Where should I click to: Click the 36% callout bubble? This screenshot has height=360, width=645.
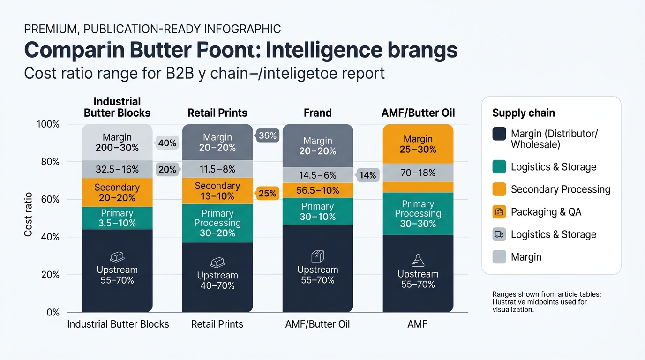267,135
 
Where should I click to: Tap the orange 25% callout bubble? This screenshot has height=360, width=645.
267,193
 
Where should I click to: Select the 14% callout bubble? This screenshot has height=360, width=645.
367,175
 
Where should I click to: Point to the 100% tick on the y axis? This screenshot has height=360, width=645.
48,124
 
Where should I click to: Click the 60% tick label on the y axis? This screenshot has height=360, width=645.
50,199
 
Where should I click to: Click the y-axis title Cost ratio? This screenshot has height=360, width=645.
28,215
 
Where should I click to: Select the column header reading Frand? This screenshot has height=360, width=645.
318,112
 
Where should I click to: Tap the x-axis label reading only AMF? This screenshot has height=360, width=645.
417,324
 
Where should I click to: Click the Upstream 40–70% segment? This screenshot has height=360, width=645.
217,277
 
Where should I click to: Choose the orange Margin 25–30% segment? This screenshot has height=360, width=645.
418,144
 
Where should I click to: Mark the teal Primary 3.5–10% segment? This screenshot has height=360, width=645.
117,218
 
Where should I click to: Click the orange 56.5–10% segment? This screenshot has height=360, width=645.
318,190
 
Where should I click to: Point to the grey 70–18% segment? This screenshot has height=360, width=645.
418,173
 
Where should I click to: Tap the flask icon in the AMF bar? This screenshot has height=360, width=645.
418,260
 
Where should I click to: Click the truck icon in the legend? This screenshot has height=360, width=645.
499,234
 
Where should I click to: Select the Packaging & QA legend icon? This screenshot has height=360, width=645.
499,212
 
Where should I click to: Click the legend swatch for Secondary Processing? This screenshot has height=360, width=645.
499,189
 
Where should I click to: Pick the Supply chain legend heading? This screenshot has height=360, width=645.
524,113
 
